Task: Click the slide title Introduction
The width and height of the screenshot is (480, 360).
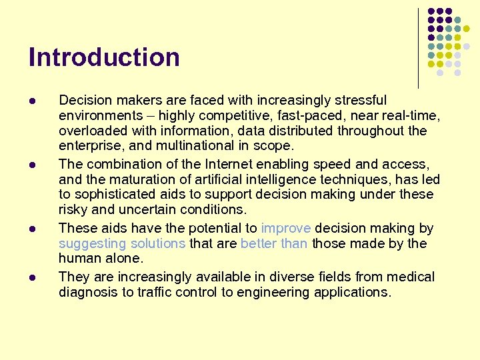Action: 104,57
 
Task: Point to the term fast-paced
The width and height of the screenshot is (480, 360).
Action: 284,116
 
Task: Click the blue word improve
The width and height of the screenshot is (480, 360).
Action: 286,228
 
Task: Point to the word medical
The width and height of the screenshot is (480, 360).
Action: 409,277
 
